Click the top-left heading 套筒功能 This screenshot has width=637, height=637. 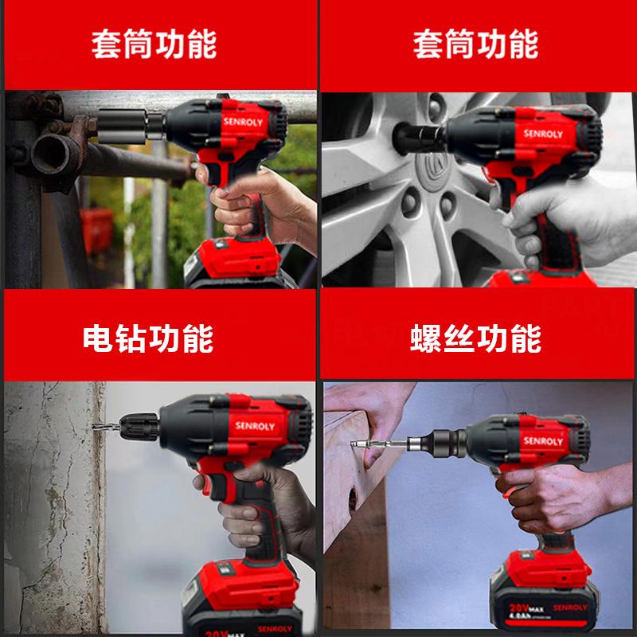pyautogui.click(x=154, y=45)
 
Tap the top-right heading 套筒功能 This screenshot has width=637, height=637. pyautogui.click(x=475, y=45)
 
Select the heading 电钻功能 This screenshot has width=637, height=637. pyautogui.click(x=148, y=338)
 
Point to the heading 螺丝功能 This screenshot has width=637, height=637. pyautogui.click(x=475, y=338)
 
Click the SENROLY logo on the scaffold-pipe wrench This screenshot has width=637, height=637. pyautogui.click(x=243, y=122)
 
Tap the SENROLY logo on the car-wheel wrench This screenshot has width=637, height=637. pyautogui.click(x=543, y=134)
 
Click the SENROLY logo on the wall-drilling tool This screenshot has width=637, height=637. pyautogui.click(x=255, y=426)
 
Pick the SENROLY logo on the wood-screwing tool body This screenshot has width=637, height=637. pyautogui.click(x=543, y=441)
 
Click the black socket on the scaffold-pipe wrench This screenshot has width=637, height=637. pyautogui.click(x=122, y=126)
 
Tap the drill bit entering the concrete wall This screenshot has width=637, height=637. pyautogui.click(x=106, y=427)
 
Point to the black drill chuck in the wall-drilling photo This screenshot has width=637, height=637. pyautogui.click(x=139, y=427)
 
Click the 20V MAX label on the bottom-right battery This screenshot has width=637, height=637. pyautogui.click(x=526, y=608)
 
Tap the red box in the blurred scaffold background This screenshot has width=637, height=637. pyautogui.click(x=96, y=230)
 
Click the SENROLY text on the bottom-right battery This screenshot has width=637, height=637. pyautogui.click(x=570, y=608)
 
